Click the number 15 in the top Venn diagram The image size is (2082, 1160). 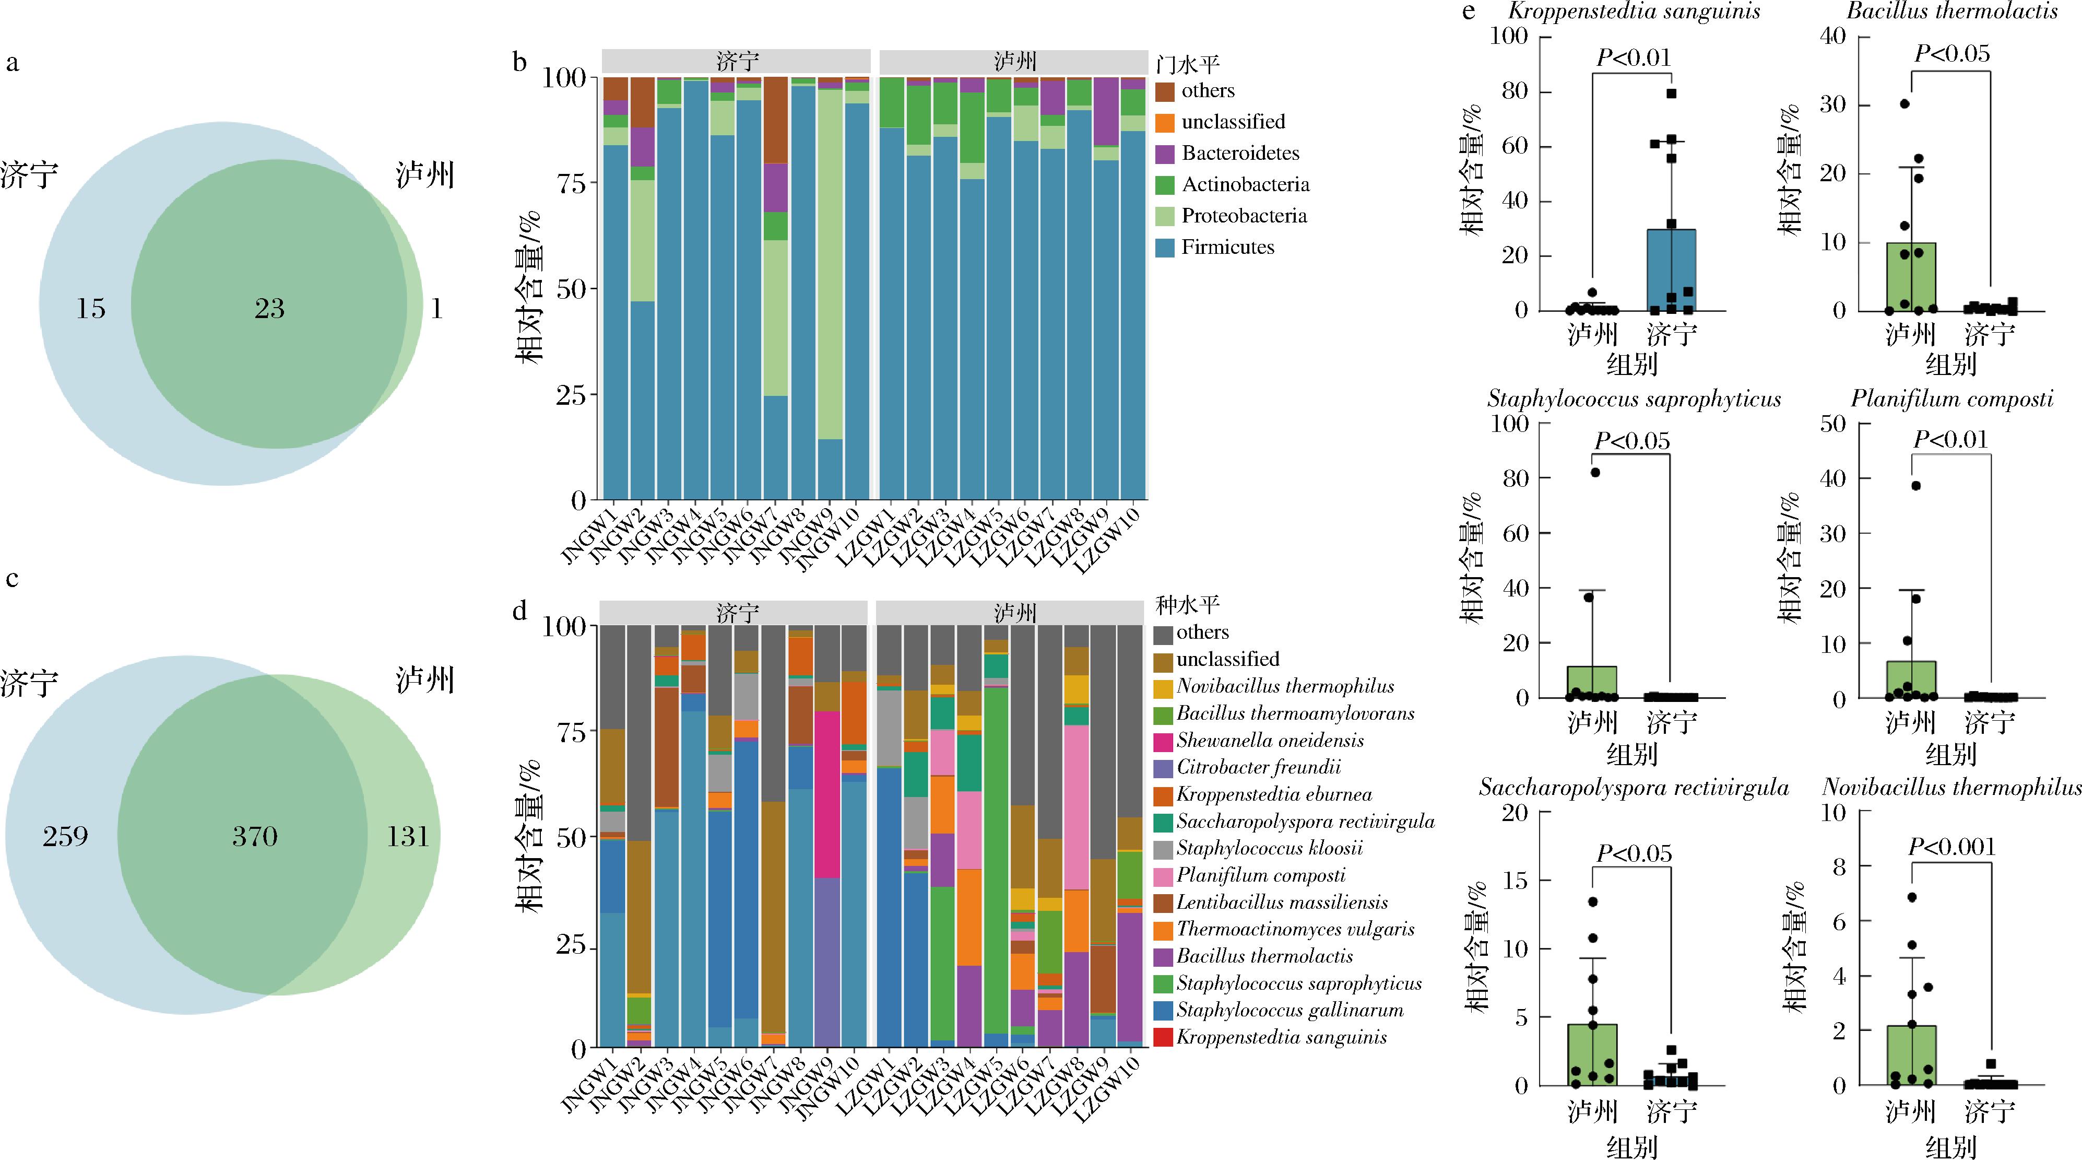pos(90,308)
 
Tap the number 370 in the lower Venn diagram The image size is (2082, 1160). pos(255,836)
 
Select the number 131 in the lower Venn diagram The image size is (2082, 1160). pos(407,836)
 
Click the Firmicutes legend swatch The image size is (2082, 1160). pos(1165,248)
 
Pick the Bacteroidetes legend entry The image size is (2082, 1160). pos(1240,153)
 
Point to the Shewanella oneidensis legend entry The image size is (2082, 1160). pos(1270,741)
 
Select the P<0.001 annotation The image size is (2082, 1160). pos(1951,847)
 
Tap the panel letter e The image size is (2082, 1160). pos(1469,11)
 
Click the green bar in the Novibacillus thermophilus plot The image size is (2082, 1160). pos(1911,1055)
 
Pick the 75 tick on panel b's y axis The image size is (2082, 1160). pos(572,183)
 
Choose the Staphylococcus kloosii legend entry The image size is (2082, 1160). pos(1269,848)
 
